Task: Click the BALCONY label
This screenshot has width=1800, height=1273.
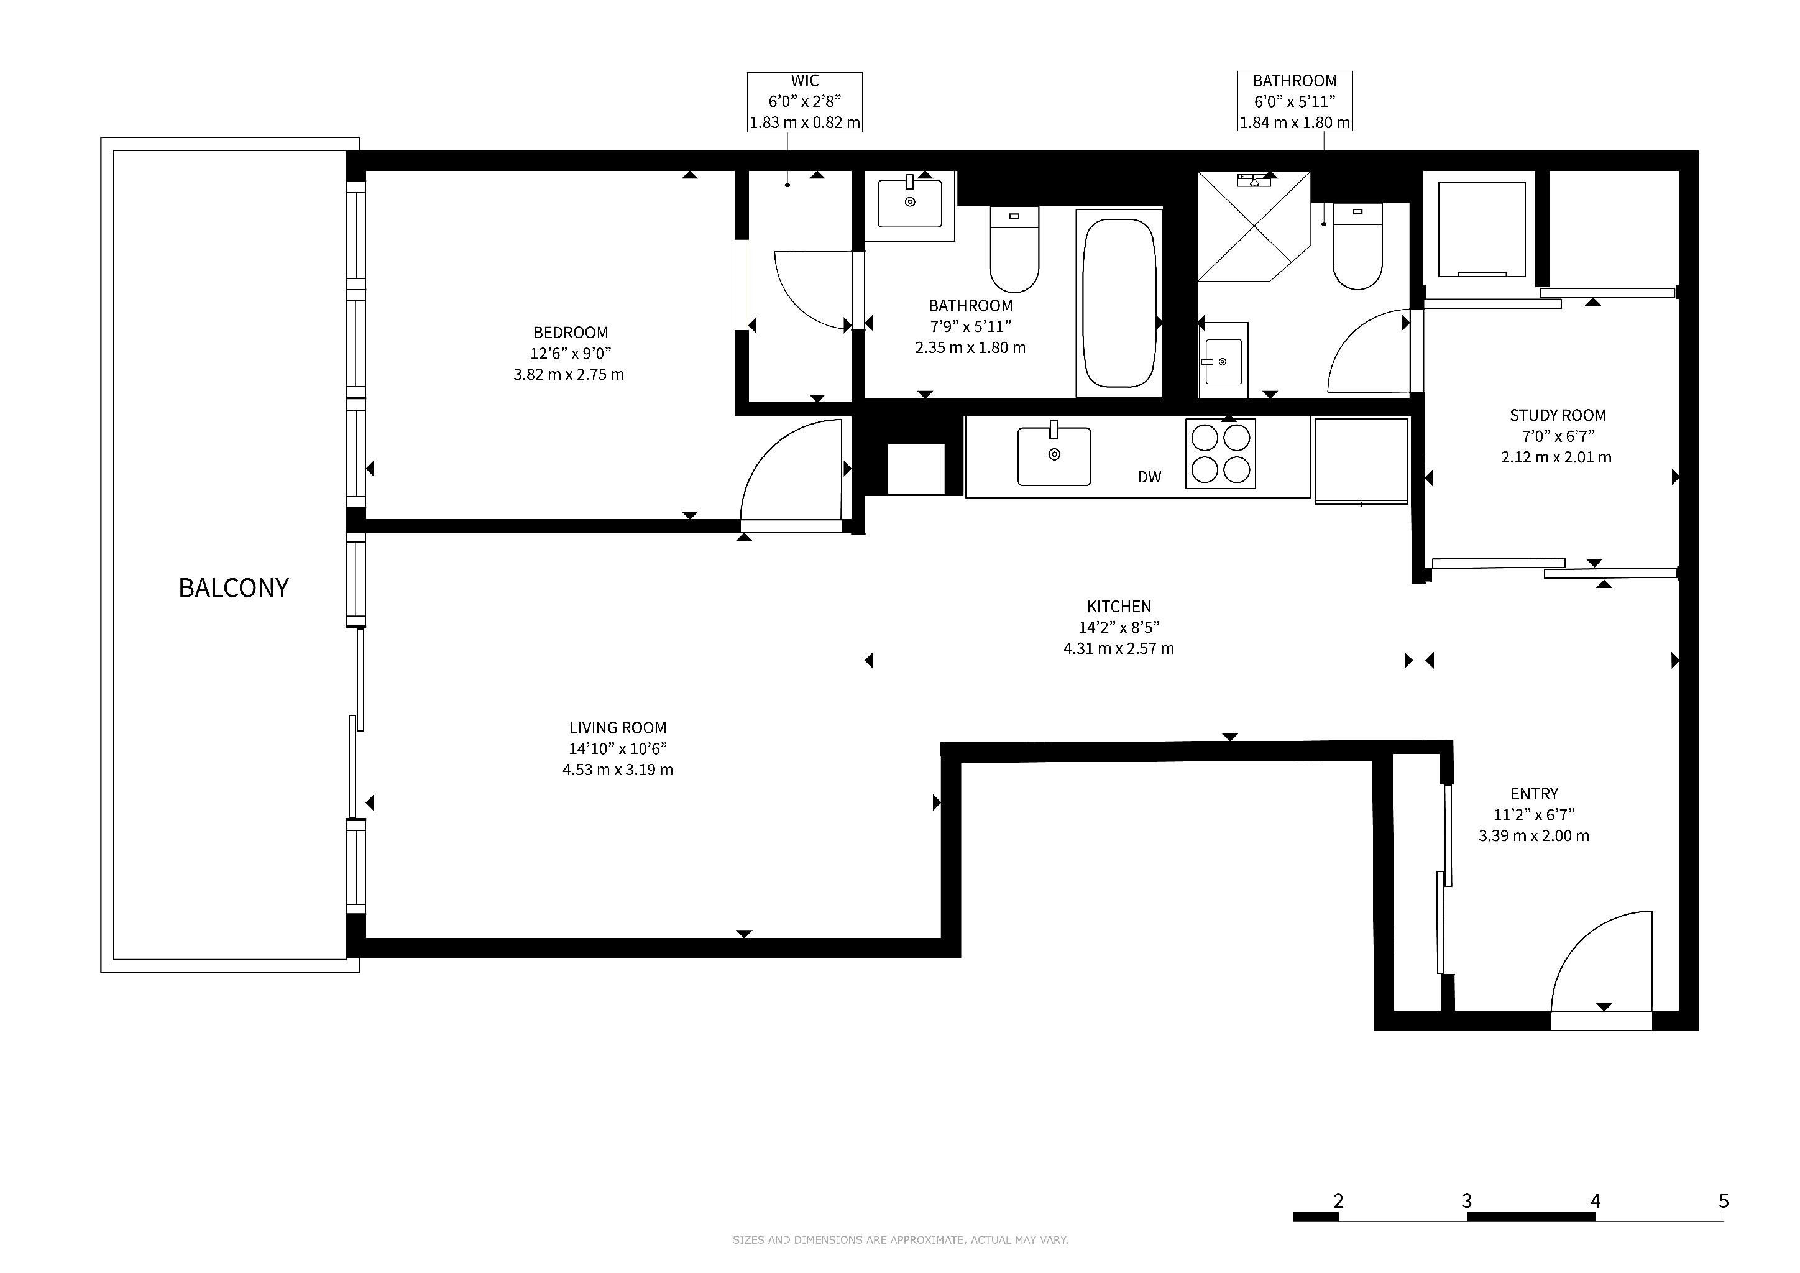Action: tap(234, 588)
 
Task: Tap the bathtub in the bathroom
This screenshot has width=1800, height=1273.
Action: tap(1119, 303)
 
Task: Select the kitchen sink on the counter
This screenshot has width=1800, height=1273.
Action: tap(1054, 456)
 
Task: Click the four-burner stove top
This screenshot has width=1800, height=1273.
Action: tap(1220, 454)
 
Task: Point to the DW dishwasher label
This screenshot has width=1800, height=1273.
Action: tap(1149, 477)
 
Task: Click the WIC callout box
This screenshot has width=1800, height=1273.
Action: tap(804, 102)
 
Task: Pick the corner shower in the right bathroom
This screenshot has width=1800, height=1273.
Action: tap(1254, 226)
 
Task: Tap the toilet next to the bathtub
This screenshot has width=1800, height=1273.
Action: tap(1014, 249)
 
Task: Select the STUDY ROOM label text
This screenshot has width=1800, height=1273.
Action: tap(1558, 415)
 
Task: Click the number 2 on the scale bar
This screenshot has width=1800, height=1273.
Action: tap(1338, 1201)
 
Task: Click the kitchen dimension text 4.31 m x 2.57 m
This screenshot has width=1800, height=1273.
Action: tap(1119, 648)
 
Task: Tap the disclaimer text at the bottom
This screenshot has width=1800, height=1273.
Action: tap(900, 1240)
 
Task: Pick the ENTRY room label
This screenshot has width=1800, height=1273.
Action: tap(1534, 794)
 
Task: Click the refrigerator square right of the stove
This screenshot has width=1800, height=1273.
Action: tap(1361, 460)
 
